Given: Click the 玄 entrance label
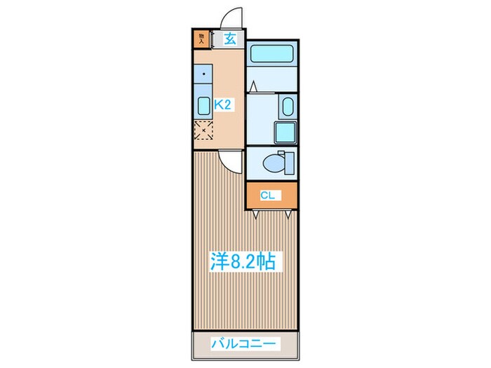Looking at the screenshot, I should pyautogui.click(x=229, y=39).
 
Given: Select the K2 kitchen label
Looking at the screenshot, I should pyautogui.click(x=222, y=104).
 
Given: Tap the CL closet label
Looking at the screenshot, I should pyautogui.click(x=267, y=195).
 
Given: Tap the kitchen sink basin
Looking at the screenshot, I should pyautogui.click(x=203, y=107).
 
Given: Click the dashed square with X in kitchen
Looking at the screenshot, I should pyautogui.click(x=203, y=131).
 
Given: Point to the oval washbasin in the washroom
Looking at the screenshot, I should pyautogui.click(x=287, y=108).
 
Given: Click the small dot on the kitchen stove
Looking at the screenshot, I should pyautogui.click(x=204, y=72).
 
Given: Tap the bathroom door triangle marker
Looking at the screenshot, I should pyautogui.click(x=253, y=88).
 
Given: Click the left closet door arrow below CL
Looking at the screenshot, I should pyautogui.click(x=257, y=214).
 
